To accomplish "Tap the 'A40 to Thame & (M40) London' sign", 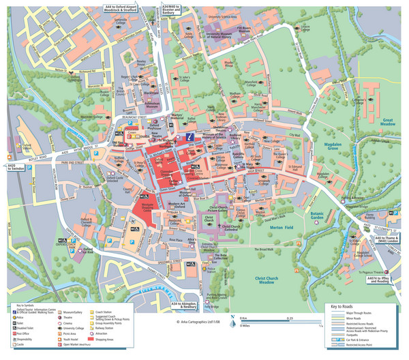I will (387, 239).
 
